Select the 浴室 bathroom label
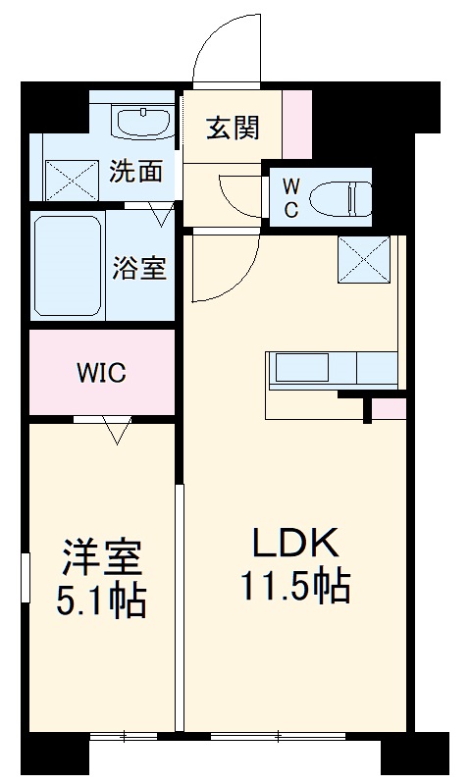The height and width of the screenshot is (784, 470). pyautogui.click(x=139, y=268)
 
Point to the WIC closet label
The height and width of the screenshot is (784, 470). pyautogui.click(x=102, y=373)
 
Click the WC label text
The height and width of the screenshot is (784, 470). pyautogui.click(x=290, y=195)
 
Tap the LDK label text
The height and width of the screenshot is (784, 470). pyautogui.click(x=296, y=542)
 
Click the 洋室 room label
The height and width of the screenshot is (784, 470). pyautogui.click(x=102, y=558)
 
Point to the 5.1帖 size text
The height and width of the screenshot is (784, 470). pyautogui.click(x=101, y=601)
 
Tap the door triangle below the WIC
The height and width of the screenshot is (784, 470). pyautogui.click(x=117, y=430)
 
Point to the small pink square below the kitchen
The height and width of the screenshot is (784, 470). pyautogui.click(x=389, y=408)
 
